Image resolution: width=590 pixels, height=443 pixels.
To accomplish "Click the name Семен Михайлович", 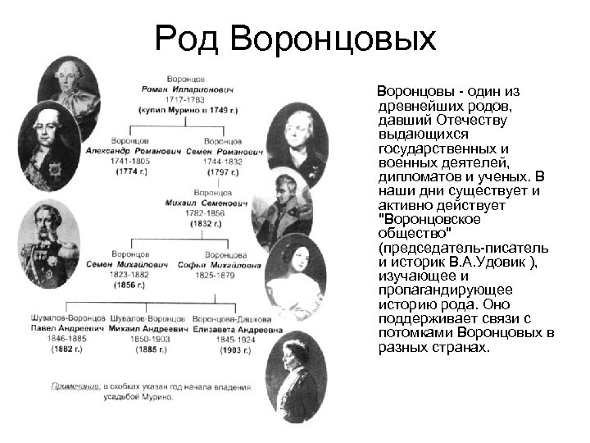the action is (x=133, y=265).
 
